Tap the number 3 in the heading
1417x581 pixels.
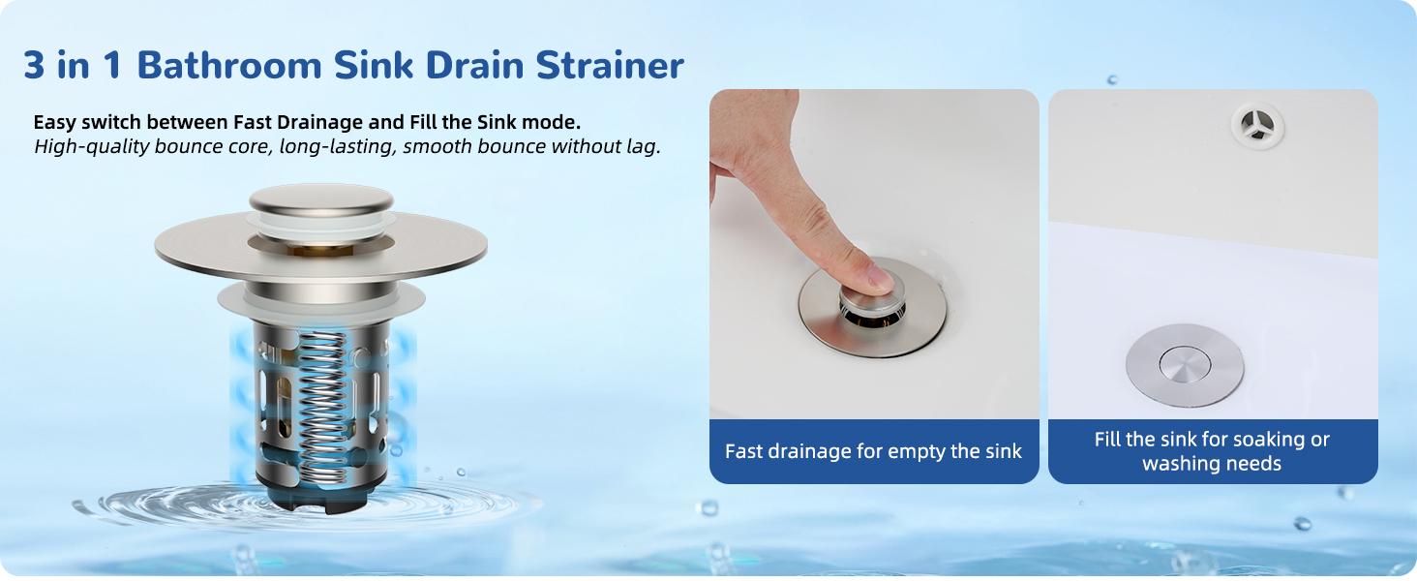tap(35, 65)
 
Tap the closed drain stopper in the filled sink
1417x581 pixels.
tap(1185, 364)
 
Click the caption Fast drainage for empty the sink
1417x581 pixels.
tap(873, 451)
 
